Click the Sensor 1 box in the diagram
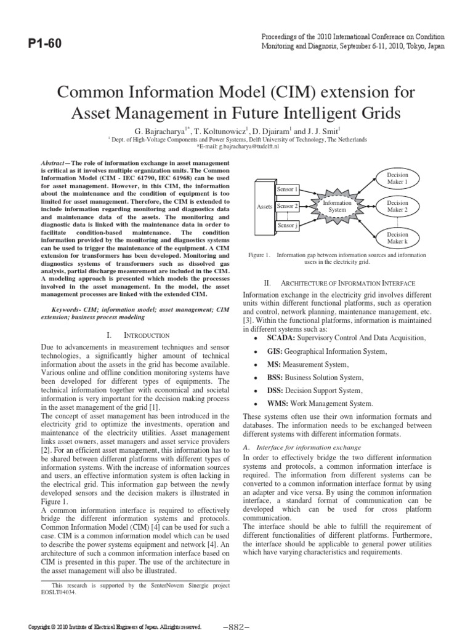pyautogui.click(x=288, y=189)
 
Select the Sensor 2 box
pyautogui.click(x=288, y=206)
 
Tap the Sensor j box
pyautogui.click(x=288, y=226)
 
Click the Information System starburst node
pyautogui.click(x=338, y=206)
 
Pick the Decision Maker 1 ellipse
pyautogui.click(x=397, y=179)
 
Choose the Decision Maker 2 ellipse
pyautogui.click(x=397, y=206)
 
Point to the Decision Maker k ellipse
pyautogui.click(x=397, y=237)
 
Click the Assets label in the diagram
pyautogui.click(x=264, y=207)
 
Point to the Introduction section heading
pyautogui.click(x=147, y=335)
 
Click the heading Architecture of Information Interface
pyautogui.click(x=348, y=282)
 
